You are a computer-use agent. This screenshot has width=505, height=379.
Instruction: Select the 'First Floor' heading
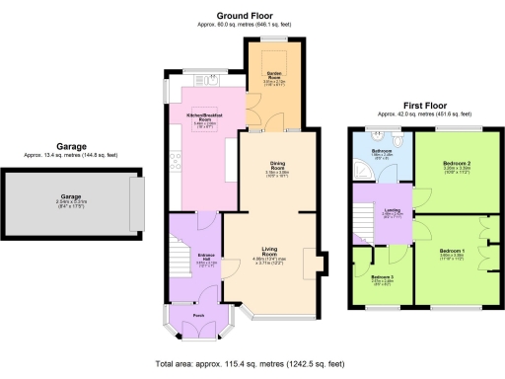point(425,105)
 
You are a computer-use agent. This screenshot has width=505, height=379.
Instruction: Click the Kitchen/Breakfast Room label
point(203,118)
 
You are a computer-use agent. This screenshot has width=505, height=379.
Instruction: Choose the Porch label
point(198,315)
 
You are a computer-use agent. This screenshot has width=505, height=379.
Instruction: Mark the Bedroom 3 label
point(382,277)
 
